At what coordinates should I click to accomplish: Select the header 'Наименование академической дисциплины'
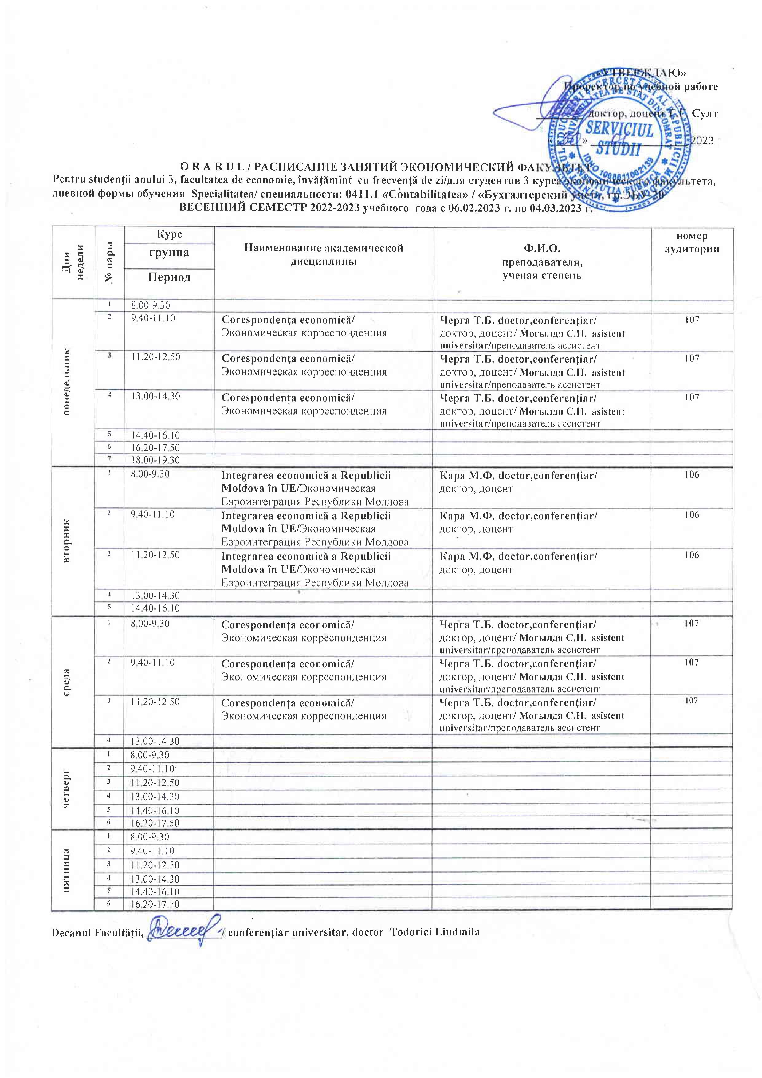tap(324, 254)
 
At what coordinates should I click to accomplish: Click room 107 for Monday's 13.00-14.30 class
tap(692, 397)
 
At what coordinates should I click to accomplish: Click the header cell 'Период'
tap(169, 277)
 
